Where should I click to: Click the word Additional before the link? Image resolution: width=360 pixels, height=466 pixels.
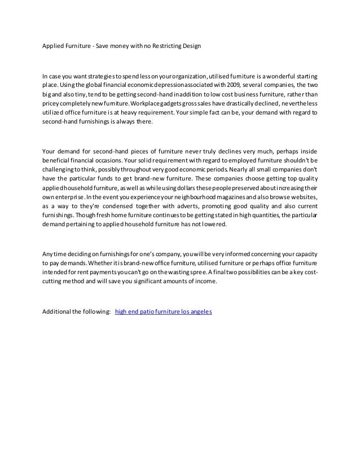[58, 311]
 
